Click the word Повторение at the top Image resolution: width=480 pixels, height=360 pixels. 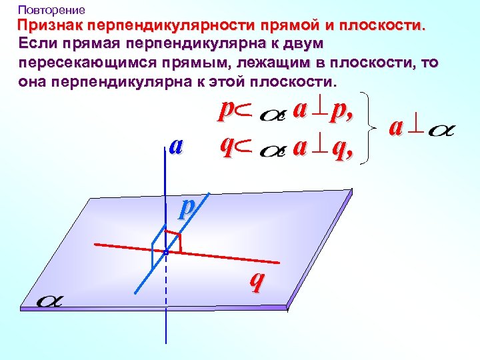click(51, 10)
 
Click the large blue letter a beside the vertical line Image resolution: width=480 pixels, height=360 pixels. click(175, 145)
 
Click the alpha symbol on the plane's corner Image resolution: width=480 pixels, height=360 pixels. click(50, 301)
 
